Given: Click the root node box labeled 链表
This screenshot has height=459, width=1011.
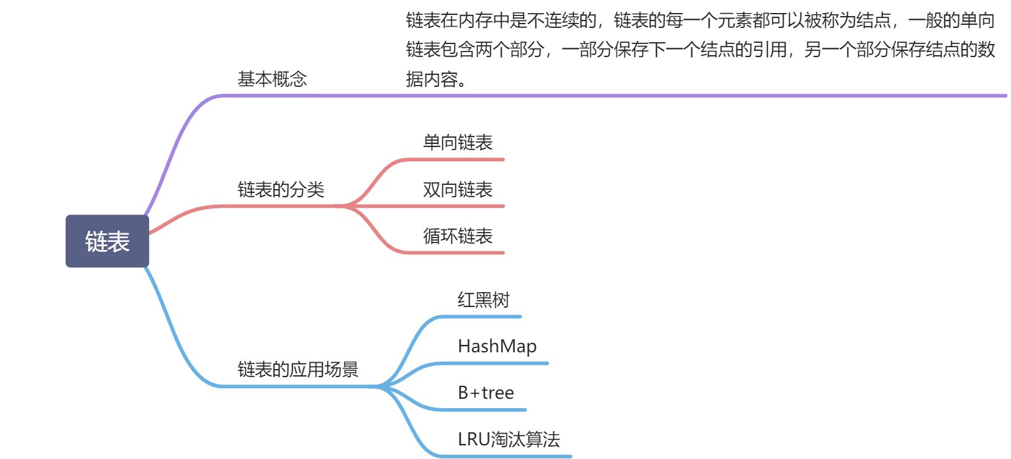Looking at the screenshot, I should [107, 241].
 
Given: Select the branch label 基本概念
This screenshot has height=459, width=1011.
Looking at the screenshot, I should [272, 79].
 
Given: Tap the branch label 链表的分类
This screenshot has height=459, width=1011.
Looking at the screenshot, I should [281, 189].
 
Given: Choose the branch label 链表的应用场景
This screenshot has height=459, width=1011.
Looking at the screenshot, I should [298, 370].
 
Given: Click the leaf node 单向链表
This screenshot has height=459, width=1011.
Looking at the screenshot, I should [458, 143].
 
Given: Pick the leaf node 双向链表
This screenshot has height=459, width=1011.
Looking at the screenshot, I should [458, 189].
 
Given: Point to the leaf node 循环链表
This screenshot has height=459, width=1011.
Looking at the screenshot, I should [458, 236].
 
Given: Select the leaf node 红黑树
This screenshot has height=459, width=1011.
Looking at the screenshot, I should [483, 300].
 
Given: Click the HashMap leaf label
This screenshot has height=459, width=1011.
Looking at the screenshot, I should [497, 346].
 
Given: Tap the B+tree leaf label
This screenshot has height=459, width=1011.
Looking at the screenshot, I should [486, 393].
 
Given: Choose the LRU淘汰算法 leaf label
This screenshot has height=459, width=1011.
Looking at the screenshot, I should [509, 439].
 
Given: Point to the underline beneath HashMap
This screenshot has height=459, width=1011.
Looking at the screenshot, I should [497, 363].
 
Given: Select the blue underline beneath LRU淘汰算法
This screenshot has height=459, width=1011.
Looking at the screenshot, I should [509, 457].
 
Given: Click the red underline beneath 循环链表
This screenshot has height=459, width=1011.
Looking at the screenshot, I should [460, 253].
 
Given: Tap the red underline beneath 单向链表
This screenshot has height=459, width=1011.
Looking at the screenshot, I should [460, 159].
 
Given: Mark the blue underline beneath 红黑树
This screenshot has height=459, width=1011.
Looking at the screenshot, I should [484, 317].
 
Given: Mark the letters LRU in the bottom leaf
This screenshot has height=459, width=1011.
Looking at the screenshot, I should [474, 439].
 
